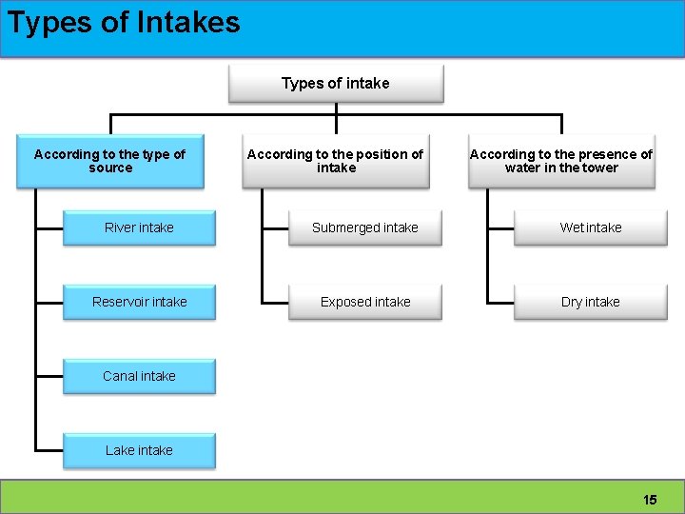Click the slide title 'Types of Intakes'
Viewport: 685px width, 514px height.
coord(124,22)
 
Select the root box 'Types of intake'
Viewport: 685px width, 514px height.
coord(336,84)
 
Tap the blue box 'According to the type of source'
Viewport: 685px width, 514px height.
coord(110,161)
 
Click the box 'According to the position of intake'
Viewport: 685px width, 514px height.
coord(336,161)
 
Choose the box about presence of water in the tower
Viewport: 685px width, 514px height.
coord(561,161)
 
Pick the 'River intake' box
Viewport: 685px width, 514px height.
coord(140,227)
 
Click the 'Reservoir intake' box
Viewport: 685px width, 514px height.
coord(140,302)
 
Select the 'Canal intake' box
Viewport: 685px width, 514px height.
coord(140,376)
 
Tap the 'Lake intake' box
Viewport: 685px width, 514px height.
coord(140,450)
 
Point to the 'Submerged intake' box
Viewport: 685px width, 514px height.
coord(365,227)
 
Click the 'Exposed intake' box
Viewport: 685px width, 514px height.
coord(365,302)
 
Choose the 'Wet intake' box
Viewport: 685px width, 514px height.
coord(591,227)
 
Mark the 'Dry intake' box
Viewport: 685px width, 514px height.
coord(591,302)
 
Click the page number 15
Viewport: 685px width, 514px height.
coord(650,499)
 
